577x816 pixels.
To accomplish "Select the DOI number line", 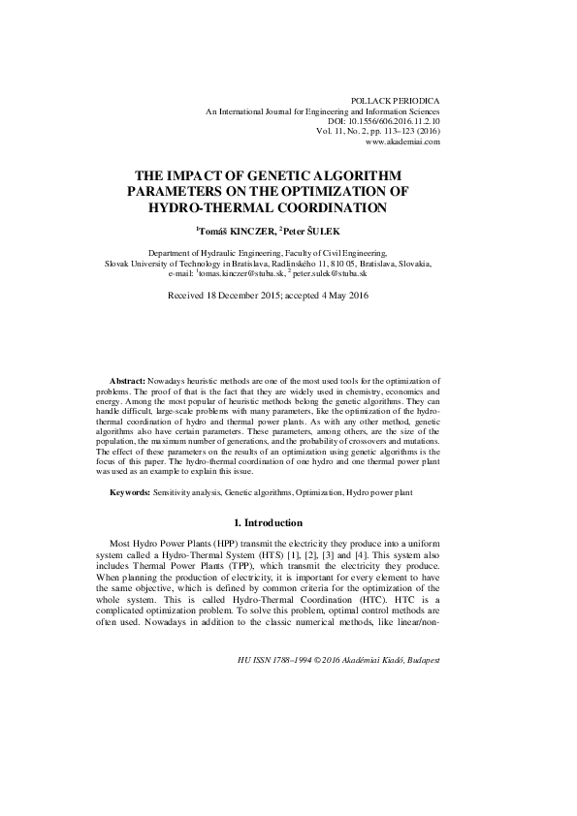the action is (x=387, y=121).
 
